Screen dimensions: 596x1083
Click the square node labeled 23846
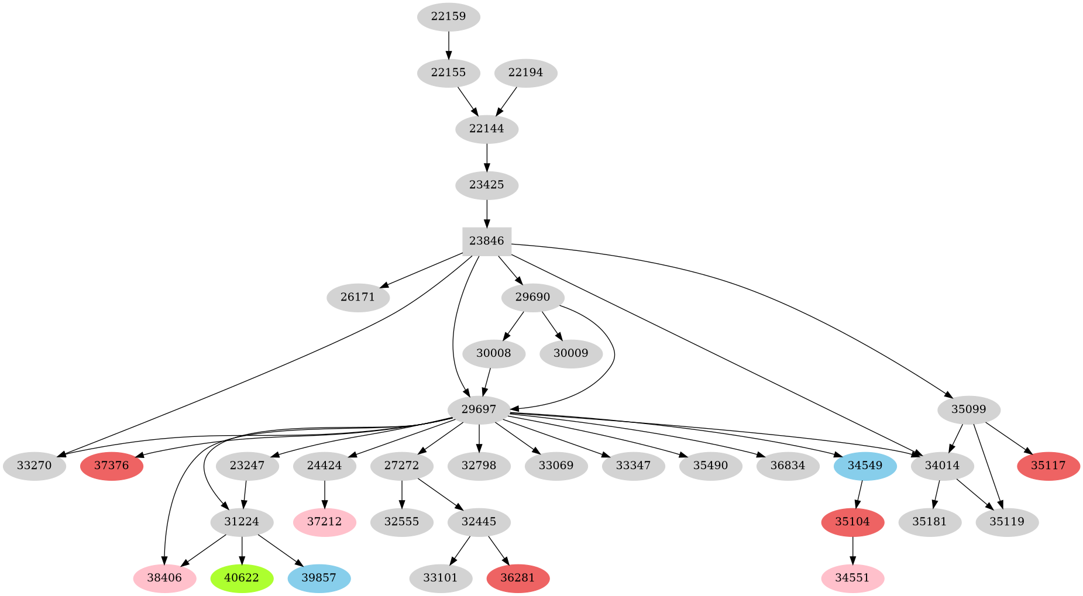[x=486, y=241]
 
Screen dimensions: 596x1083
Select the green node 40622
[x=242, y=578]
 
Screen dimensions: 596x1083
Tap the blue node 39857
[x=319, y=578]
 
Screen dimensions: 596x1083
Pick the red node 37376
[x=112, y=466]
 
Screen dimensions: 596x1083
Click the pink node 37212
[x=324, y=522]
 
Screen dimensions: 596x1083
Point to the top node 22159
[x=448, y=16]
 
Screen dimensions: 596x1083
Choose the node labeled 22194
[x=525, y=73]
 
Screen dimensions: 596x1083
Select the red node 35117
[x=1048, y=466]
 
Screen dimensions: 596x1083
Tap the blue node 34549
[x=865, y=466]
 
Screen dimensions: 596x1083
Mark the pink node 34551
[x=852, y=578]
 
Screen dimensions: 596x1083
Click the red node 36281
[x=518, y=578]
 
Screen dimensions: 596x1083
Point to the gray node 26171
[x=357, y=297]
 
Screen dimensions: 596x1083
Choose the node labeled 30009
[x=570, y=353]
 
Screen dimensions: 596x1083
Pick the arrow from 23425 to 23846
[x=486, y=213]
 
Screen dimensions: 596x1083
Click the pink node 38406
[x=164, y=578]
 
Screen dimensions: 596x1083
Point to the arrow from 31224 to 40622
[x=242, y=550]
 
